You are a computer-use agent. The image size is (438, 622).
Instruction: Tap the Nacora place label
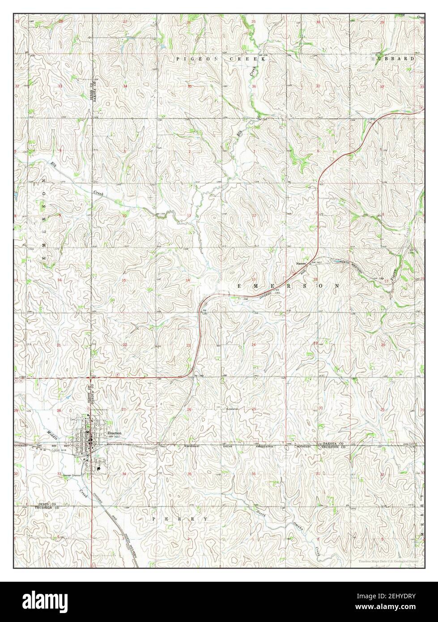point(301,264)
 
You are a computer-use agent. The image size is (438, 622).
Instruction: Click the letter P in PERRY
point(154,518)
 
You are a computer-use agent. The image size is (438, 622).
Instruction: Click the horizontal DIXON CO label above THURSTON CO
point(46,504)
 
